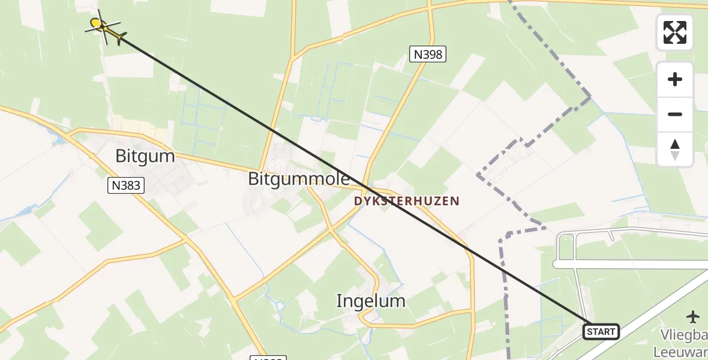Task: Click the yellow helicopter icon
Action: click(x=105, y=27)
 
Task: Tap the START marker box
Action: click(x=601, y=332)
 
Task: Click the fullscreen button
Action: click(x=675, y=32)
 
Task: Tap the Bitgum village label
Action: click(x=145, y=157)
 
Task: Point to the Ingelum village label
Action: click(x=371, y=301)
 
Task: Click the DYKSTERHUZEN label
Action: click(x=406, y=202)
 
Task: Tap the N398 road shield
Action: click(x=427, y=55)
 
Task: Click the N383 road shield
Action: click(x=127, y=185)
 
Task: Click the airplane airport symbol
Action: click(x=694, y=316)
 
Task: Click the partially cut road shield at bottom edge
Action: click(x=266, y=358)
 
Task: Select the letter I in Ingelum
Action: click(x=340, y=301)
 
